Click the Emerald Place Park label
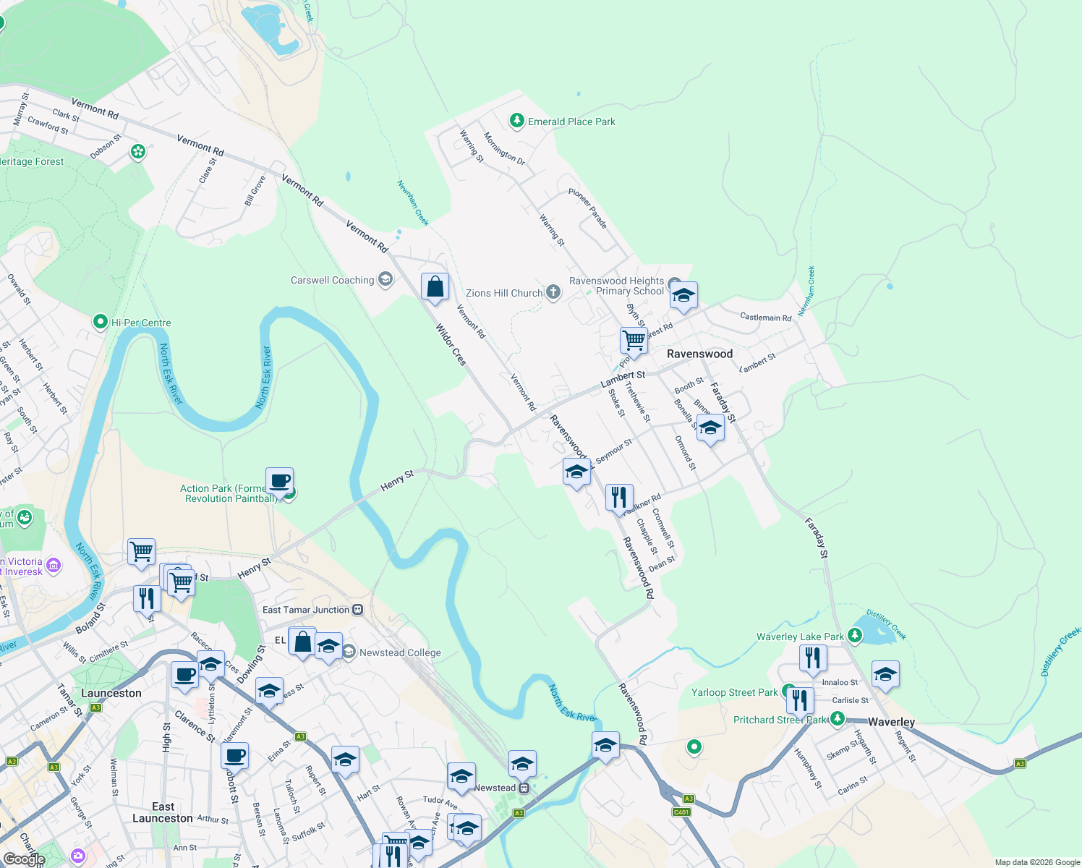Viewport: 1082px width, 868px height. [571, 122]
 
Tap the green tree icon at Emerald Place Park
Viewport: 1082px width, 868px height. [516, 120]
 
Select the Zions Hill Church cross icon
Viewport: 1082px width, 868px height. [553, 292]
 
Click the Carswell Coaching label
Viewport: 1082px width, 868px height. [332, 280]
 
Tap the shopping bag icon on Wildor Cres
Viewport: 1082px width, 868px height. [435, 286]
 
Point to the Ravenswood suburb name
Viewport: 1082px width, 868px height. [699, 354]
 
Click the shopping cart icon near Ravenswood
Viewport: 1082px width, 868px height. [634, 339]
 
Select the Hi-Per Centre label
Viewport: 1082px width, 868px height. [141, 323]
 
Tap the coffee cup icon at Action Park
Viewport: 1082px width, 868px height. [280, 480]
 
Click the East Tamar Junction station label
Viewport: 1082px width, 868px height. [305, 610]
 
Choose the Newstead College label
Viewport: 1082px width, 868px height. [400, 652]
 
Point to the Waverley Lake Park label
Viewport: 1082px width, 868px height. [800, 637]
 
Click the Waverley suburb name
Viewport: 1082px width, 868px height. [891, 722]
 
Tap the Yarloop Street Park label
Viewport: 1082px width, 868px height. [734, 692]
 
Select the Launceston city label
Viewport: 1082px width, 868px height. [111, 693]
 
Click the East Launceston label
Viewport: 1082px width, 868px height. [163, 812]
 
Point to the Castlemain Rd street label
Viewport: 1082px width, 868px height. [765, 317]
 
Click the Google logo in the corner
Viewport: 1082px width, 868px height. [24, 859]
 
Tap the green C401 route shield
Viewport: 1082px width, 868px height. [681, 812]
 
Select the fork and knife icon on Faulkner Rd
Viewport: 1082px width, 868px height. [618, 497]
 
